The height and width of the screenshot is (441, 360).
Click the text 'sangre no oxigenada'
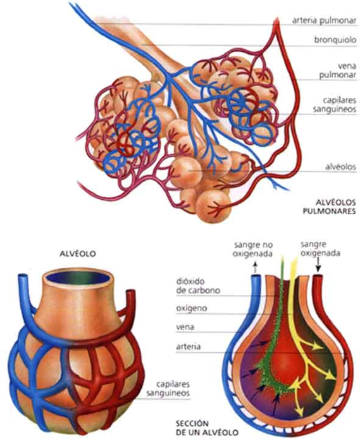252,249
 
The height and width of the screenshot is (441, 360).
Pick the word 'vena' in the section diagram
184,327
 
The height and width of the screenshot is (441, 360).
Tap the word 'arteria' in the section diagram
188,347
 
